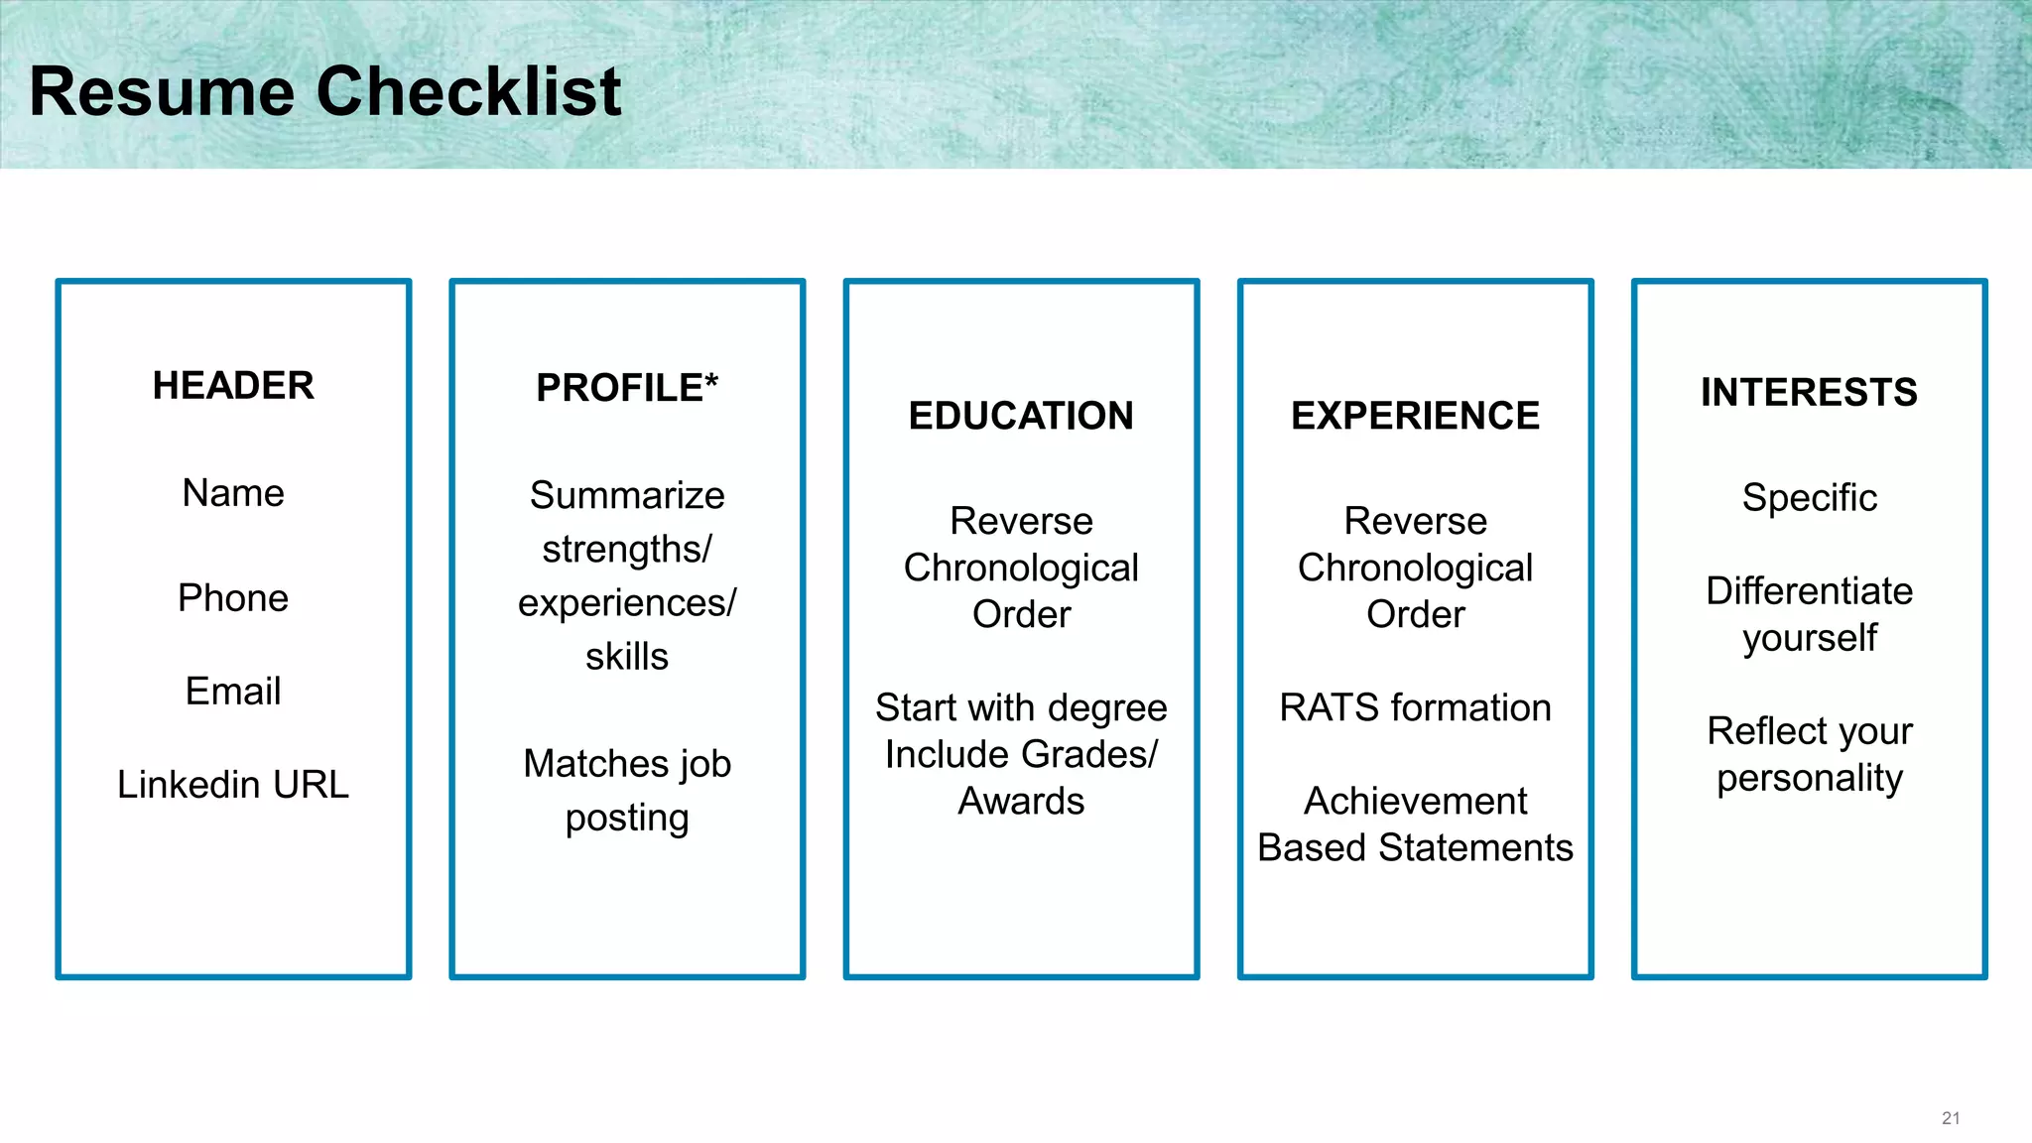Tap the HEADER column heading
(233, 385)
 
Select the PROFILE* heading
(627, 388)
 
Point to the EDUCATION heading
(1021, 416)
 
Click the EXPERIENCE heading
(1415, 416)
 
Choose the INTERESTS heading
(1809, 392)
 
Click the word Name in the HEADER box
(233, 493)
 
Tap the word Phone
(233, 598)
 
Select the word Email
(233, 692)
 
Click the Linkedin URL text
(233, 785)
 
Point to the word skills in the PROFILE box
(627, 657)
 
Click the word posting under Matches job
(627, 819)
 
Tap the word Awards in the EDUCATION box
(1021, 802)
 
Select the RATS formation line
(1415, 708)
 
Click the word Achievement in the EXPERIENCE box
(1415, 802)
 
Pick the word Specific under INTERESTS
(1809, 498)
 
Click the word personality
(1809, 779)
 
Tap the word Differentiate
(1809, 591)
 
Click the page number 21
(1950, 1118)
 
